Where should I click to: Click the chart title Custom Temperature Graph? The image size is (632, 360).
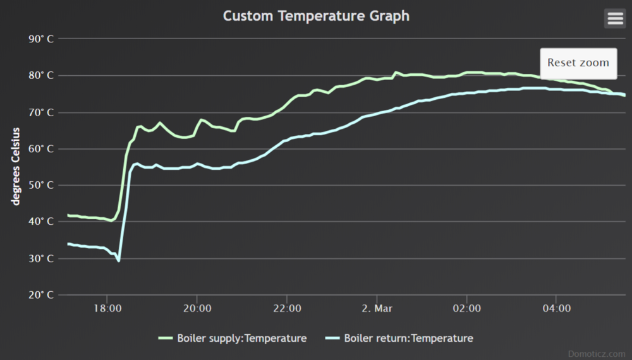[x=316, y=16]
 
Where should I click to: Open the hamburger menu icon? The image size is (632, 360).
[x=615, y=19]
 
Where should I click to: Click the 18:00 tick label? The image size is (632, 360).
[x=107, y=308]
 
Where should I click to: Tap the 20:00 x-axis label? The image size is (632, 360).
[x=197, y=308]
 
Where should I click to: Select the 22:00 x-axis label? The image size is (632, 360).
[x=287, y=308]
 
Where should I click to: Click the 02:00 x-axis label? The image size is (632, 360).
[x=466, y=308]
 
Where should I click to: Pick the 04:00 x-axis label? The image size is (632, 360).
[x=556, y=308]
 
